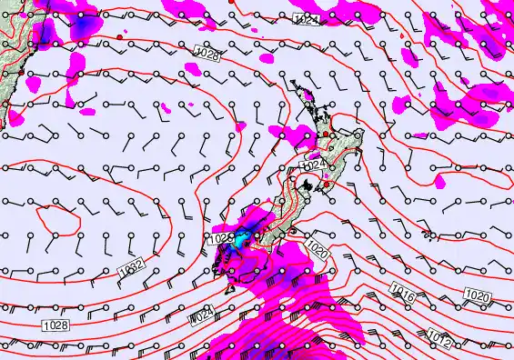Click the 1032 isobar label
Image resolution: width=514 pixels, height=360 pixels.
(129, 271)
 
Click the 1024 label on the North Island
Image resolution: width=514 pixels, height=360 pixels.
(313, 165)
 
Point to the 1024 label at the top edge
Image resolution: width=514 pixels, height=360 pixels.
(307, 19)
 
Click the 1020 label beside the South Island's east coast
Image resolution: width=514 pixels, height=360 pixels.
(317, 247)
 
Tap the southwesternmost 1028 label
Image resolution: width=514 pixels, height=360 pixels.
(54, 324)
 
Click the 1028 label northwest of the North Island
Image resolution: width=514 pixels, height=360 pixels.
(207, 56)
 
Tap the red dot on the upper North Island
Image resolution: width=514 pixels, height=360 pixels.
(325, 135)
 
